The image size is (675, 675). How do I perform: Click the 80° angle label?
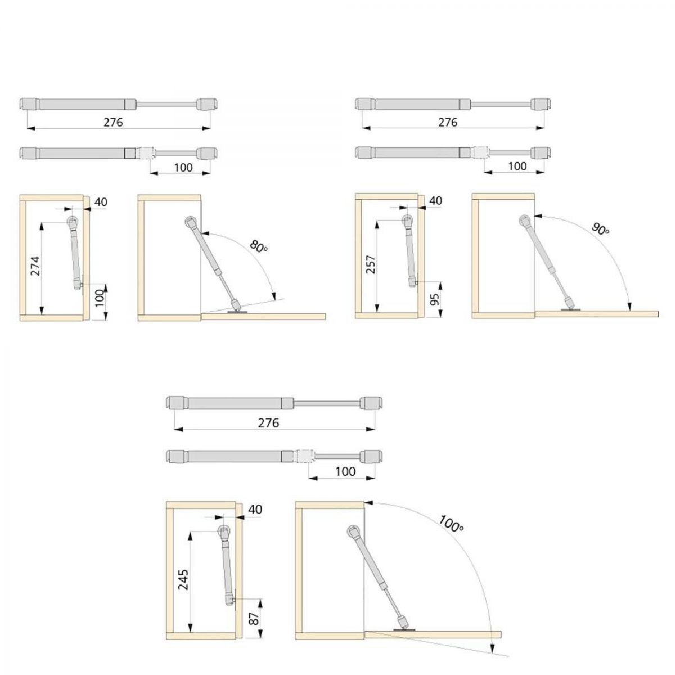pyautogui.click(x=259, y=246)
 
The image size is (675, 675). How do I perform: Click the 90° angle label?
pyautogui.click(x=600, y=229)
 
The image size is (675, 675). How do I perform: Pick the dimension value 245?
pyautogui.click(x=183, y=580)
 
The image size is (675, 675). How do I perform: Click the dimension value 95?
pyautogui.click(x=434, y=299)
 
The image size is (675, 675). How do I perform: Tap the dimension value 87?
pyautogui.click(x=255, y=619)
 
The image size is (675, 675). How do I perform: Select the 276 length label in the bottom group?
pyautogui.click(x=269, y=423)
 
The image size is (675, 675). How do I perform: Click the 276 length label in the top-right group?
pyautogui.click(x=448, y=122)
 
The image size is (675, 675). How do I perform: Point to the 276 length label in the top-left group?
pyautogui.click(x=113, y=122)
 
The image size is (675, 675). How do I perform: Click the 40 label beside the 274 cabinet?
pyautogui.click(x=101, y=202)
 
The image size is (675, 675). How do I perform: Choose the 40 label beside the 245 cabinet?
pyautogui.click(x=255, y=509)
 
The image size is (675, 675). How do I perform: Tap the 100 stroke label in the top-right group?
pyautogui.click(x=517, y=166)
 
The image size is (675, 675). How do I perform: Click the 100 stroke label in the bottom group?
pyautogui.click(x=345, y=471)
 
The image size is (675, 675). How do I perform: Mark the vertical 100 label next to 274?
pyautogui.click(x=100, y=298)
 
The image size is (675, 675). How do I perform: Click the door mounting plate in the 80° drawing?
pyautogui.click(x=237, y=311)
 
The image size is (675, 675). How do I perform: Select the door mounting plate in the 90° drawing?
pyautogui.click(x=570, y=309)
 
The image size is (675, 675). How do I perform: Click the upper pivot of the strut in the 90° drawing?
pyautogui.click(x=524, y=220)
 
